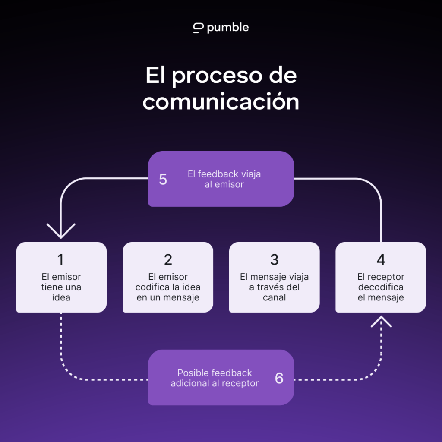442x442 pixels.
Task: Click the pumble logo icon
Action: click(x=198, y=28)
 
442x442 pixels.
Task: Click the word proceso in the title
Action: click(x=218, y=76)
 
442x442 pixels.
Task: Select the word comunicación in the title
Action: click(x=221, y=101)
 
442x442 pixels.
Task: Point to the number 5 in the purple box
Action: click(x=163, y=179)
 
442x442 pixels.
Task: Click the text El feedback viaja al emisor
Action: click(x=224, y=179)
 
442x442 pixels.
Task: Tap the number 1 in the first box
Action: click(x=60, y=259)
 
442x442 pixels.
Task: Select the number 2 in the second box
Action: click(x=168, y=259)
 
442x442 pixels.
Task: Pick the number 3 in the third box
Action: click(x=274, y=259)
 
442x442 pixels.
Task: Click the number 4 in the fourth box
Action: click(x=381, y=259)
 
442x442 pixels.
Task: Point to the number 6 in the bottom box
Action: click(x=279, y=378)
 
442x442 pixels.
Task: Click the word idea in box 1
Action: click(x=61, y=297)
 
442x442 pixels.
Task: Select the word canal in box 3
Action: click(x=274, y=297)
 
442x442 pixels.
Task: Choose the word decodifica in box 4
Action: click(x=381, y=287)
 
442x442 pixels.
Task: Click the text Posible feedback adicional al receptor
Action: click(x=215, y=378)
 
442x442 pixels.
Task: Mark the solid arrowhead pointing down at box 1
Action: click(x=61, y=231)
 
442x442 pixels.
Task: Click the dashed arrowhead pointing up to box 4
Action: click(x=381, y=322)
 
